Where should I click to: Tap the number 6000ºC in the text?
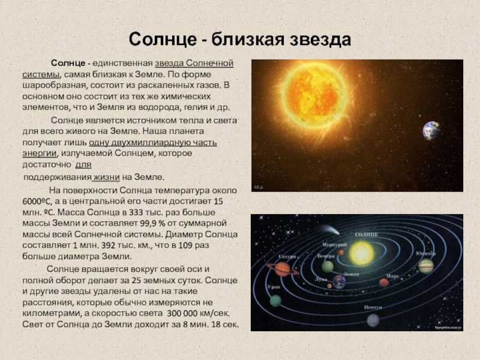click(37, 202)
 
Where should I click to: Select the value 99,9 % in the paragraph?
click(152, 223)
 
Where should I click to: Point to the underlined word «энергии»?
click(40, 154)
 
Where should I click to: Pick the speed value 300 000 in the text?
click(182, 313)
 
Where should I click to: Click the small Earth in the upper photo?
click(431, 130)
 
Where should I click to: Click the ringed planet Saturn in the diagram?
click(282, 269)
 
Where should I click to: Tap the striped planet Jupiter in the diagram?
click(426, 266)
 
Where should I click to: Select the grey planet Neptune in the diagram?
click(373, 320)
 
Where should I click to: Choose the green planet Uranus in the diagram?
click(275, 301)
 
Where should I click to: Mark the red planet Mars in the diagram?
click(384, 282)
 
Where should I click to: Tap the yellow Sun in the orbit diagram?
click(362, 253)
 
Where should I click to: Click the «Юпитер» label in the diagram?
click(426, 253)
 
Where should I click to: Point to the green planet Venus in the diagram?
click(328, 266)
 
